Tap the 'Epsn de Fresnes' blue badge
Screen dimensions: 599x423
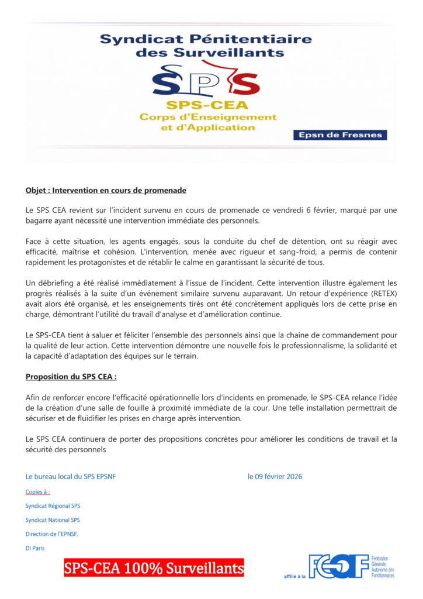click(x=339, y=135)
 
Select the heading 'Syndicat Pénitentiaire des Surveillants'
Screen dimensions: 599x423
click(x=206, y=46)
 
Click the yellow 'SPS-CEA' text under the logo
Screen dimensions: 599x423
click(x=207, y=105)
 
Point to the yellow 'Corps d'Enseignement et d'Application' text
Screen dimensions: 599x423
click(x=207, y=122)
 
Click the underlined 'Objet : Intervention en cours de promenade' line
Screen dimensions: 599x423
click(x=106, y=191)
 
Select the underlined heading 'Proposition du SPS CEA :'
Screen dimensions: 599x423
click(x=75, y=377)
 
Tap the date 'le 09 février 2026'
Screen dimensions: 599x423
click(x=275, y=477)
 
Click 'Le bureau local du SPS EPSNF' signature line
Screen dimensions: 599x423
click(x=71, y=477)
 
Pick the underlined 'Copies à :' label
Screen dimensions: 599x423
click(x=37, y=492)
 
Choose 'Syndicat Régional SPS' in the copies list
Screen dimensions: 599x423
click(x=53, y=505)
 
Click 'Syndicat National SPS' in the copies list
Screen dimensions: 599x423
click(x=53, y=520)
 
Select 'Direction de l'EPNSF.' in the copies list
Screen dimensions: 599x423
click(x=51, y=534)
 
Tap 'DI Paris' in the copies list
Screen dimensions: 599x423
click(x=35, y=549)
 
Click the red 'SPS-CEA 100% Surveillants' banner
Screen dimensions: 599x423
click(x=154, y=568)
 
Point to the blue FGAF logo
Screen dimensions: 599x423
click(x=338, y=566)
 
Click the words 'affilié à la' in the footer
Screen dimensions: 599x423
click(x=295, y=576)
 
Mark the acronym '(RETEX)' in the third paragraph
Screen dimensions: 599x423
click(x=382, y=294)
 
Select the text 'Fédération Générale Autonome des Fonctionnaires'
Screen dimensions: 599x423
click(x=383, y=567)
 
